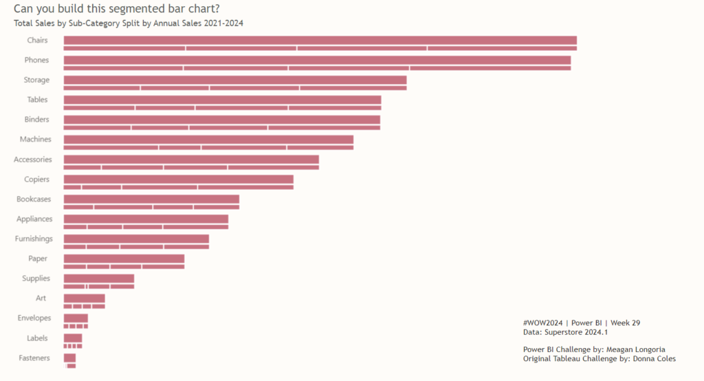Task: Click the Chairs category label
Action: click(37, 41)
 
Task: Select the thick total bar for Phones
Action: click(317, 60)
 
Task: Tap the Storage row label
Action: click(36, 80)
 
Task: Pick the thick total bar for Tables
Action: click(222, 100)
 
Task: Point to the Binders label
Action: click(36, 120)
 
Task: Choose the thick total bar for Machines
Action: click(208, 140)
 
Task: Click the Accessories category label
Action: click(33, 160)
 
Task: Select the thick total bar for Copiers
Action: click(178, 179)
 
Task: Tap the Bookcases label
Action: click(34, 199)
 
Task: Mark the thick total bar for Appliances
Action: click(146, 219)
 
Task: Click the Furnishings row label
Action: click(34, 239)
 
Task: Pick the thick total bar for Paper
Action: click(124, 259)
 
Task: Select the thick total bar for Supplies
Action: click(98, 279)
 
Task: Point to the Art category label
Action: click(41, 298)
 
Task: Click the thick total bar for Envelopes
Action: click(76, 318)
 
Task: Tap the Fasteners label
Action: click(34, 358)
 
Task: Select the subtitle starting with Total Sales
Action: click(129, 23)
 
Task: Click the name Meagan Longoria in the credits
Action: click(635, 349)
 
